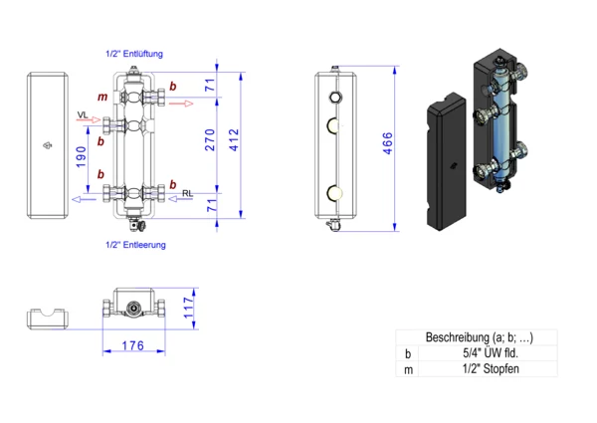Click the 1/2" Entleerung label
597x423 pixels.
coord(135,244)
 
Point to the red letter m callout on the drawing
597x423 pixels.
coord(101,98)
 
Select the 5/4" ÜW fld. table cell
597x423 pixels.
coord(489,353)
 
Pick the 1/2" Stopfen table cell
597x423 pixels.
coord(489,369)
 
